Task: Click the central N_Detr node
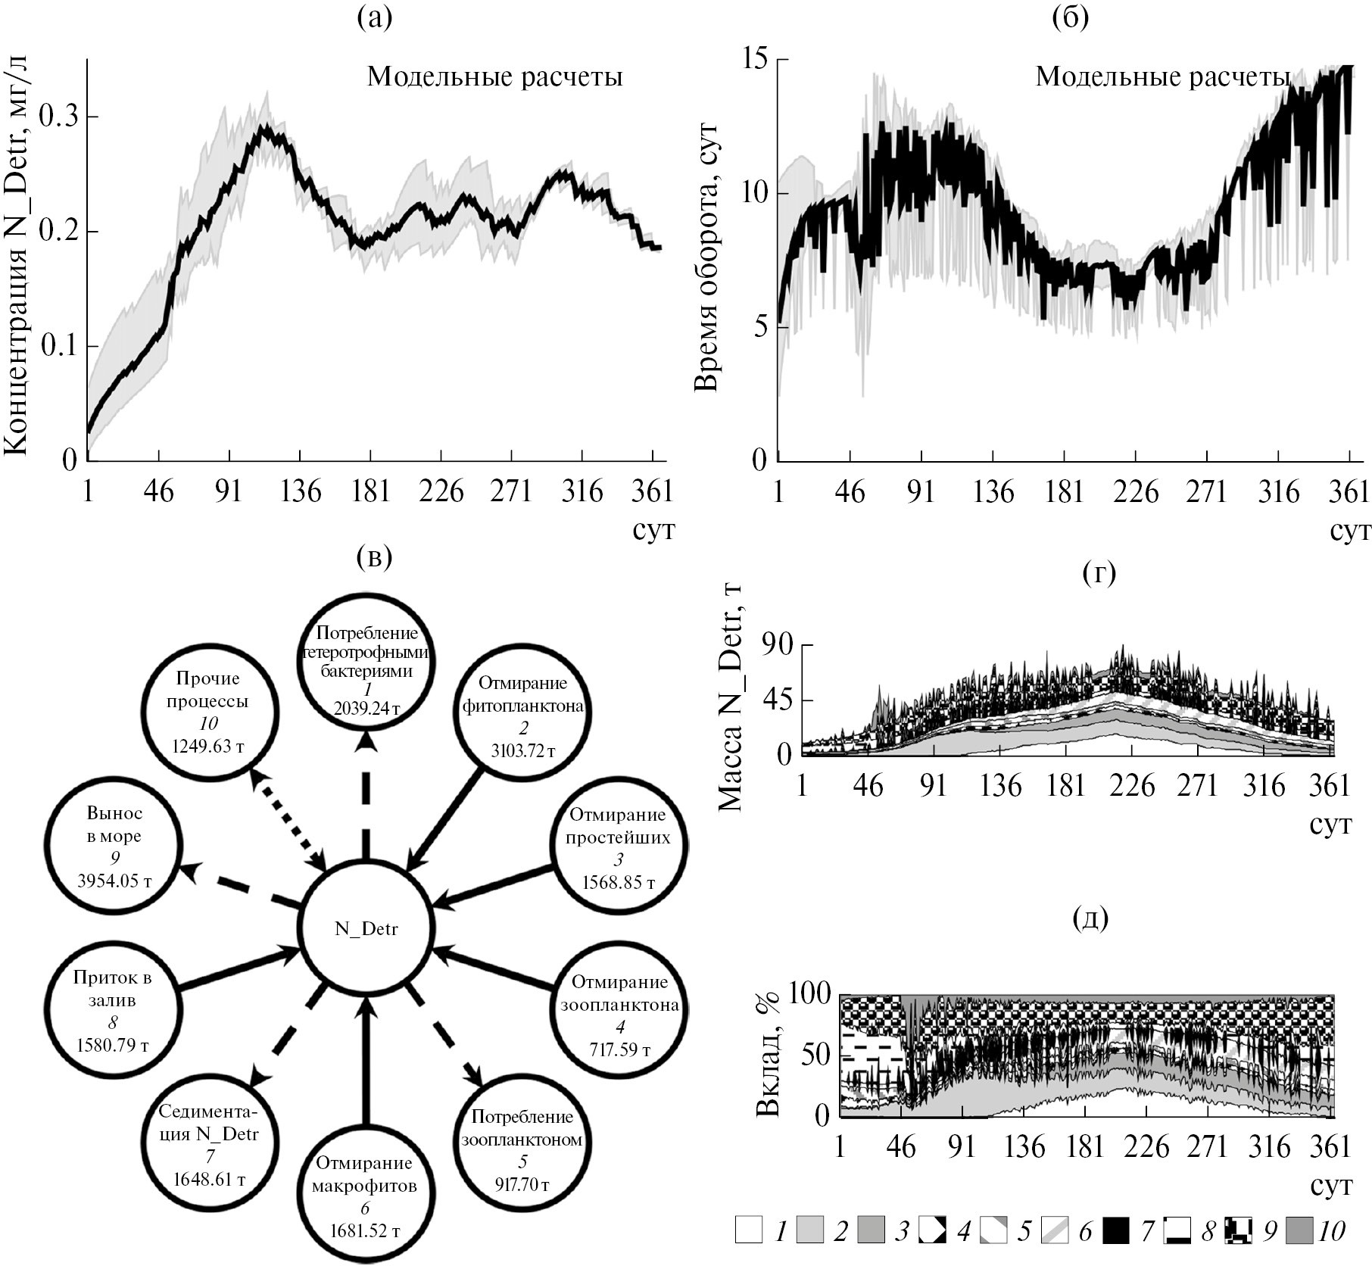(366, 929)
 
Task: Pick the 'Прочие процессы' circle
(208, 712)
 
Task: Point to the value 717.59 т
(619, 1050)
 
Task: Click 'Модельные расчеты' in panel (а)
(494, 76)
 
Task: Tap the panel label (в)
(374, 559)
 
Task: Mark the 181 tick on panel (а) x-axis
(370, 492)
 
